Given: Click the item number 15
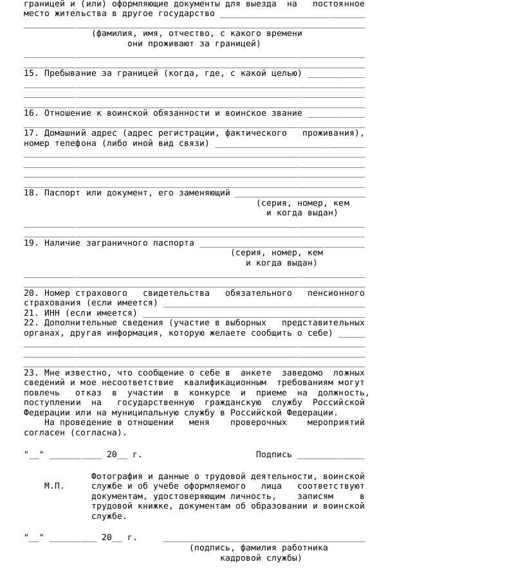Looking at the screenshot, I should point(31,73).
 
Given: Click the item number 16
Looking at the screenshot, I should point(31,113).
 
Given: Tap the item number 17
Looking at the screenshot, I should point(31,133).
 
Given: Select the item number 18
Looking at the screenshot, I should point(31,192).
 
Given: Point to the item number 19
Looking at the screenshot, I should point(31,243).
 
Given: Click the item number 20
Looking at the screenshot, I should point(31,293).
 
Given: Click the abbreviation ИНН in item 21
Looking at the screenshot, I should point(54,313).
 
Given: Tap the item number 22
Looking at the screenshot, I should point(31,323).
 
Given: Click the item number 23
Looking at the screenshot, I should point(31,373).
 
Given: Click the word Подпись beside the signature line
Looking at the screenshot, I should point(273,455).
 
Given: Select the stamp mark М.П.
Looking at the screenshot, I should point(54,486).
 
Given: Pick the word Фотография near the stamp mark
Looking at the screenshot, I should point(116,476).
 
